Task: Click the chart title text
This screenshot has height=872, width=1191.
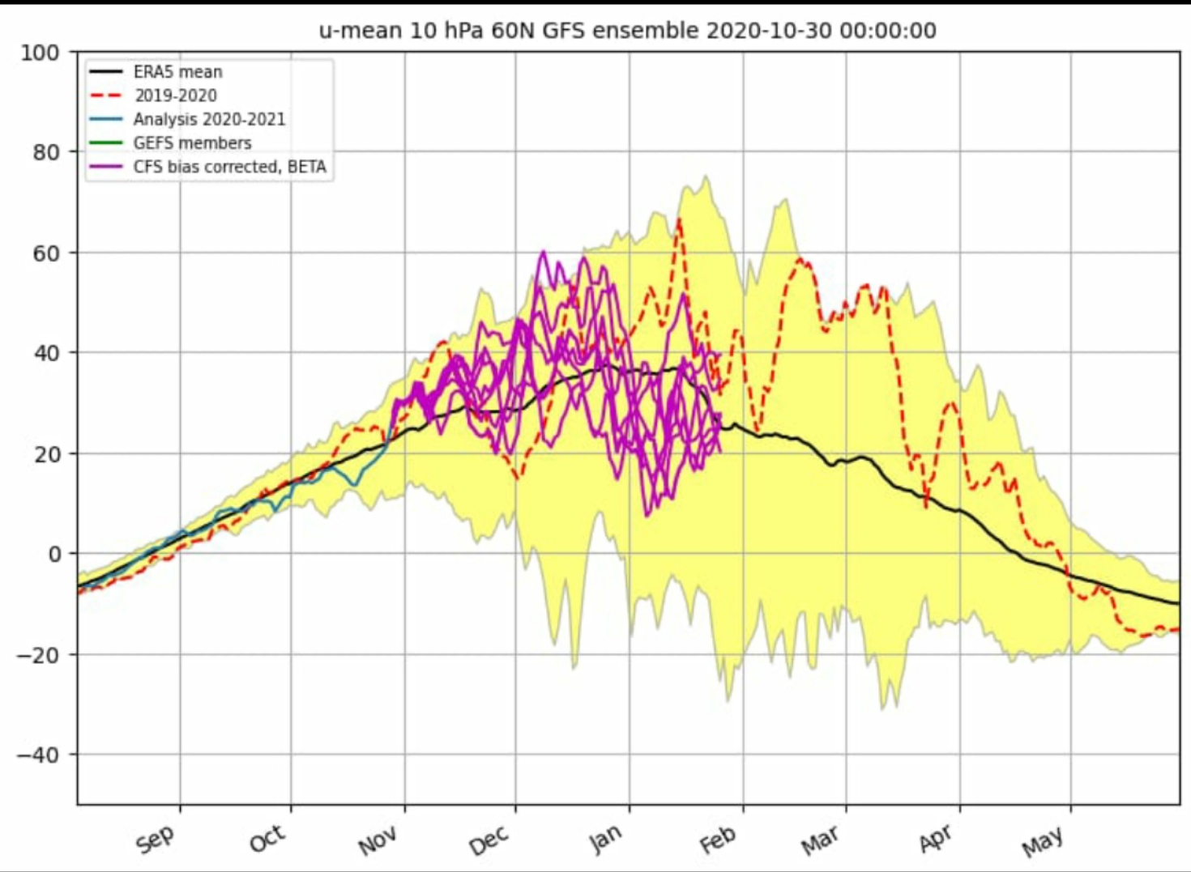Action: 627,31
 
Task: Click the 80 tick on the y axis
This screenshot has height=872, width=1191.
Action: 46,152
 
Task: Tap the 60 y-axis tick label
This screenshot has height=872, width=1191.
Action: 46,253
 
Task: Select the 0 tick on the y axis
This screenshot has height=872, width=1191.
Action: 54,555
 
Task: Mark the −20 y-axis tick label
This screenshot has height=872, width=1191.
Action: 38,655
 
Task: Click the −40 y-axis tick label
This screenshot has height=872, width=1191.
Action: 38,755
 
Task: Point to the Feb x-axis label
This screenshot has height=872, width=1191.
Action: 718,840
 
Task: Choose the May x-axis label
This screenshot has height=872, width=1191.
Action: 1043,842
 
